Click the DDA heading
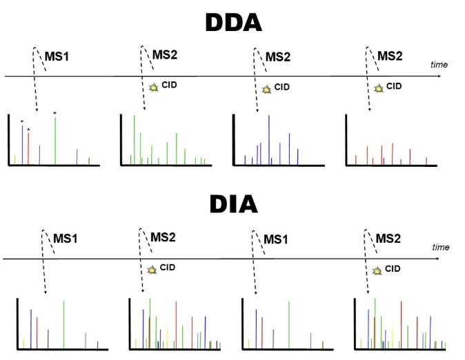click(232, 23)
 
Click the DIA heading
click(232, 205)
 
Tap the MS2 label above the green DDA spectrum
click(164, 55)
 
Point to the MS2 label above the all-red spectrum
click(389, 56)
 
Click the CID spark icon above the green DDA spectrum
click(153, 88)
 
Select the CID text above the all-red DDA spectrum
click(393, 86)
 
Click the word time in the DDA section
click(439, 65)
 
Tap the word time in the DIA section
click(440, 247)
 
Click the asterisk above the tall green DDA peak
click(55, 113)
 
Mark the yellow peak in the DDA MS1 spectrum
click(15, 160)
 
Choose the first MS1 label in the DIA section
click(66, 239)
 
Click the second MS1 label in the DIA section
click(277, 239)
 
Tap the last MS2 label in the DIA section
click(389, 238)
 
